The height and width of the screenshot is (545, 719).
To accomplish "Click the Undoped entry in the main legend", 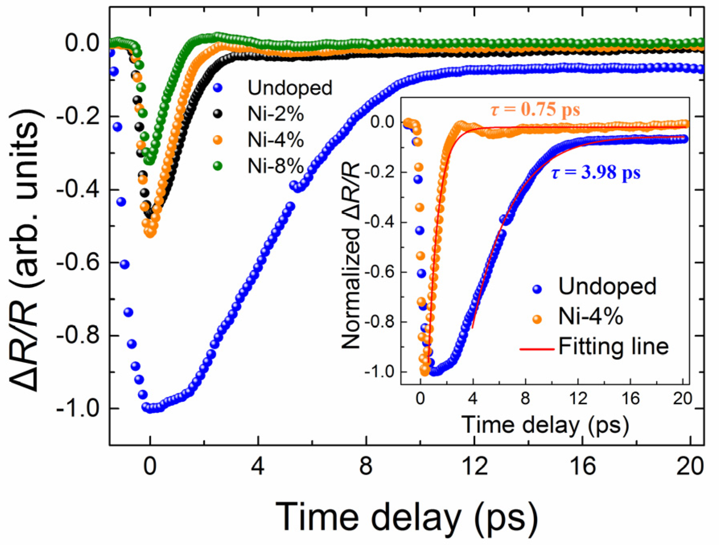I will click(x=290, y=88).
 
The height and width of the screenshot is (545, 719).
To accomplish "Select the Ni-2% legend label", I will click(x=275, y=114).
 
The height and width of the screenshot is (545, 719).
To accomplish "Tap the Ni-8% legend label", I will click(x=275, y=165).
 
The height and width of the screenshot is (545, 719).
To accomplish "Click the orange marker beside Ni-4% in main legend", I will click(x=218, y=140).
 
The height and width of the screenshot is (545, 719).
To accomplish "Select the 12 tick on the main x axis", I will click(x=475, y=467).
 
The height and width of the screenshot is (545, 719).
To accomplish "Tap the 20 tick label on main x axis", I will click(x=690, y=467).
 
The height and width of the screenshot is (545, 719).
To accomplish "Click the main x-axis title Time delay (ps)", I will click(x=406, y=517).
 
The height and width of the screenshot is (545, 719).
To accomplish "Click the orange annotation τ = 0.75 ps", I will click(x=535, y=109).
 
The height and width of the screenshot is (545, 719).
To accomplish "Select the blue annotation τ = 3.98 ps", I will click(x=596, y=173).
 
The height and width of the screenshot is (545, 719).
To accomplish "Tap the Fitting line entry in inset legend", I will click(x=613, y=346).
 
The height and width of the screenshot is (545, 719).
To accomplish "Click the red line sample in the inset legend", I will click(x=536, y=349).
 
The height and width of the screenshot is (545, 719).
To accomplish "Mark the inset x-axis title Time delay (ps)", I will click(x=545, y=424).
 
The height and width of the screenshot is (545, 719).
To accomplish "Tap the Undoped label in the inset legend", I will click(x=607, y=286).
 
